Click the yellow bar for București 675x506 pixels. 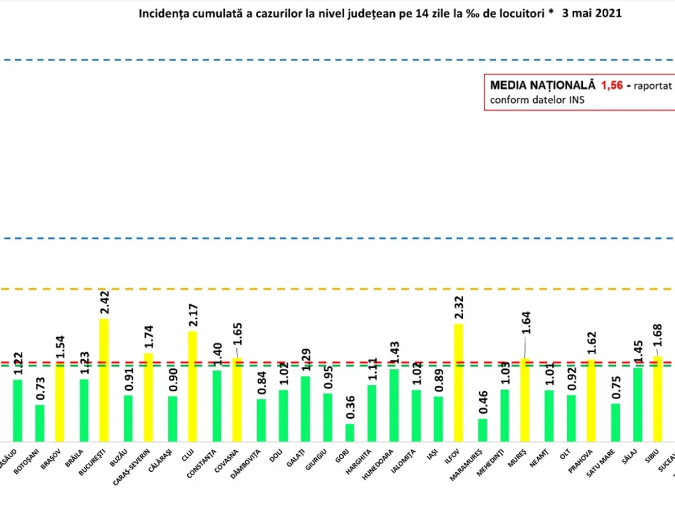point(104,380)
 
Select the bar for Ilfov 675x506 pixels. point(459,383)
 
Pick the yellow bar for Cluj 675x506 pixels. point(192,386)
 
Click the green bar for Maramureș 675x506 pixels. point(483,430)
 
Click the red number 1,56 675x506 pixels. point(611,86)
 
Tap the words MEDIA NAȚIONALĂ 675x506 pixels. point(542,86)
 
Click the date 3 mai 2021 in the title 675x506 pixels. point(592,13)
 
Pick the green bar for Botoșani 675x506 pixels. point(40,423)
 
